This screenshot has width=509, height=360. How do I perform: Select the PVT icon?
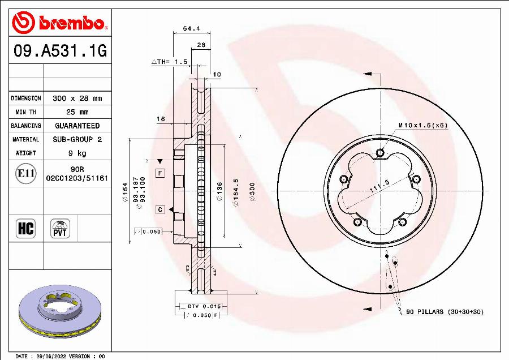59,229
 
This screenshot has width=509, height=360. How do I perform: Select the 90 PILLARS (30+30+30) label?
445,312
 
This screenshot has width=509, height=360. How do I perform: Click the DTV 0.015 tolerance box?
200,306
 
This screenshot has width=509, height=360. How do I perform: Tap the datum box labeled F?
160,173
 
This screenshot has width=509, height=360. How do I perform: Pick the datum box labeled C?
160,209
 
